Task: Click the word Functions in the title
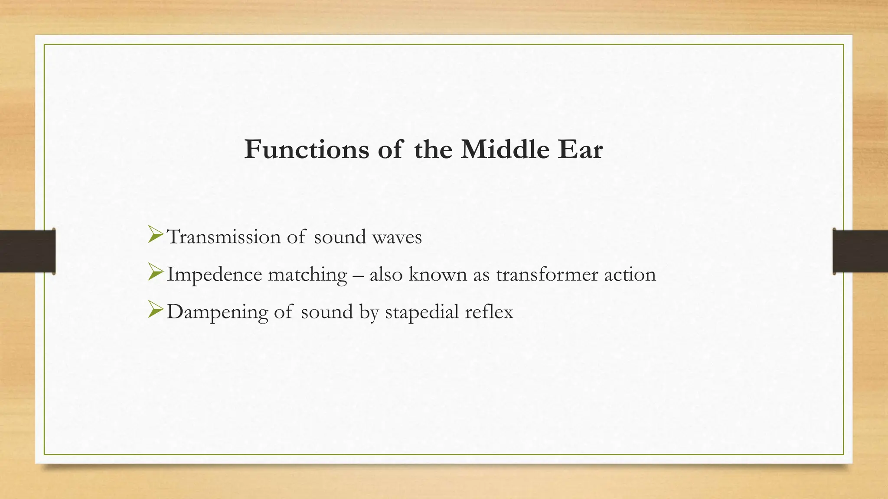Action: click(x=306, y=149)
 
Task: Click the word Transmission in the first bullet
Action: click(x=224, y=237)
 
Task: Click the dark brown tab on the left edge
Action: click(x=27, y=251)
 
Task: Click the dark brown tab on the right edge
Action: click(x=860, y=251)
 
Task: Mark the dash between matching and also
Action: click(x=358, y=275)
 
